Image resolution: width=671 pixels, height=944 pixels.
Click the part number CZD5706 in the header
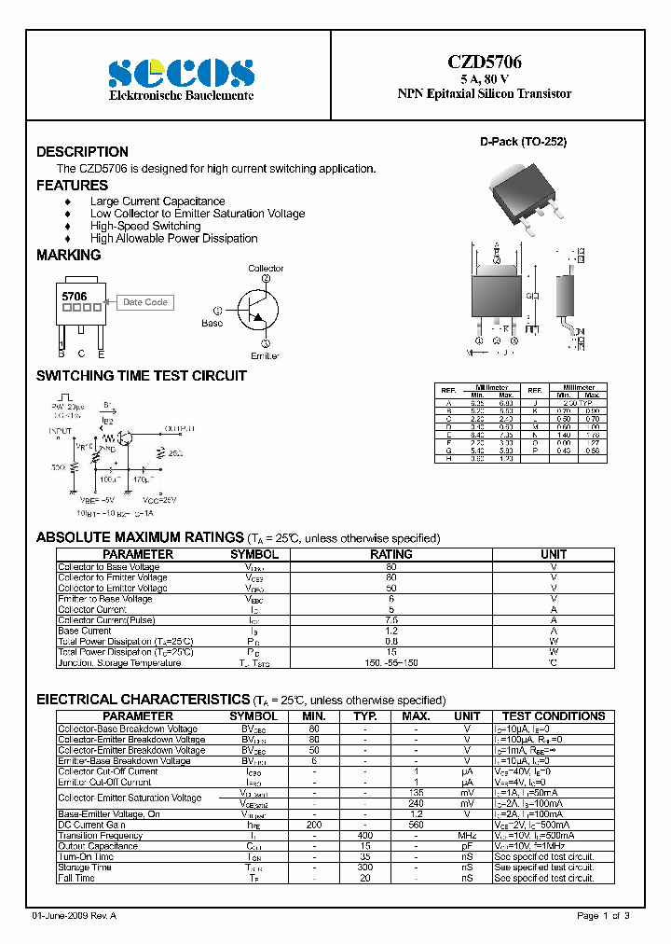484,62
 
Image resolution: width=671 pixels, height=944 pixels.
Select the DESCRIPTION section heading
82,152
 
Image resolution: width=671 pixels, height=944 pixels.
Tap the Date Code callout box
145,302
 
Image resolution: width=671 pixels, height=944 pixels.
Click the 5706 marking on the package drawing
75,296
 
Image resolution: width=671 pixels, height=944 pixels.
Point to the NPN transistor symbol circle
256,311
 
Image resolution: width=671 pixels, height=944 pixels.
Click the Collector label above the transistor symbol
266,269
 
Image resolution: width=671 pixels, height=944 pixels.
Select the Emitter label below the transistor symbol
265,355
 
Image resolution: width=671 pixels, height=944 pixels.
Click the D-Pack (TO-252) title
523,143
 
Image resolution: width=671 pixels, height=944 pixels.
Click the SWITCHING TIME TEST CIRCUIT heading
141,376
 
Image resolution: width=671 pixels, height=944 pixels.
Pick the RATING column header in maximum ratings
391,554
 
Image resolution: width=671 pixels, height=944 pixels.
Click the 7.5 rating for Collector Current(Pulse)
391,620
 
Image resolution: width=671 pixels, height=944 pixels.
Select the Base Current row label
85,632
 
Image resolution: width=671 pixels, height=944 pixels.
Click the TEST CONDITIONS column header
554,716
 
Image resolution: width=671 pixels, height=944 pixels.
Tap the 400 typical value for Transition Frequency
365,836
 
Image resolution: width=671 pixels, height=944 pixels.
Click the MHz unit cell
467,836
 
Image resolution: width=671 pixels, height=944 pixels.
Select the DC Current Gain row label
91,825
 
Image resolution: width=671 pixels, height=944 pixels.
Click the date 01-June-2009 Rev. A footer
79,916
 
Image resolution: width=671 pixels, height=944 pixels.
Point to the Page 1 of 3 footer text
603,916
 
